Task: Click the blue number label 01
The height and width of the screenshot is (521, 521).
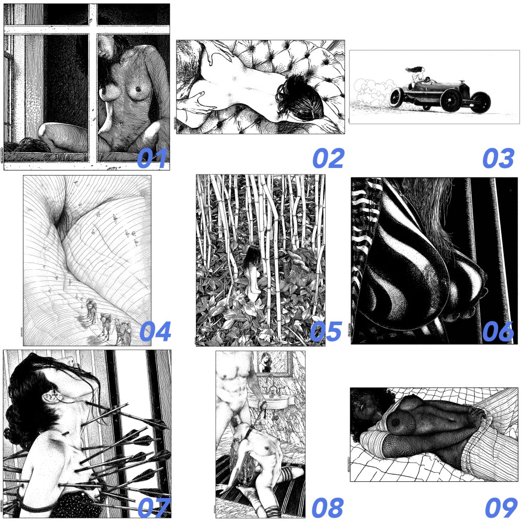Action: click(x=152, y=159)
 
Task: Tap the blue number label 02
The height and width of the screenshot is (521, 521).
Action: click(x=328, y=159)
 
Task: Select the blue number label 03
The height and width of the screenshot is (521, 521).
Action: click(x=499, y=159)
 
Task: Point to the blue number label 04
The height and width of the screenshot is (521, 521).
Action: click(x=155, y=331)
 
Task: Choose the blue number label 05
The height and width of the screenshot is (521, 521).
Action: click(x=326, y=331)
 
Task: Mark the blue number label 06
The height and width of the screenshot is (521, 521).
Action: click(x=498, y=331)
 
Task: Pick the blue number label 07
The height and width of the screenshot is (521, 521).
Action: click(x=154, y=507)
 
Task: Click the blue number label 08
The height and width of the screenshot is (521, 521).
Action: click(x=328, y=507)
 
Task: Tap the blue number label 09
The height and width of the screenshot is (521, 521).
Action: click(x=501, y=507)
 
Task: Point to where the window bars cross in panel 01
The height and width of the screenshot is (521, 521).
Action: click(x=93, y=30)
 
